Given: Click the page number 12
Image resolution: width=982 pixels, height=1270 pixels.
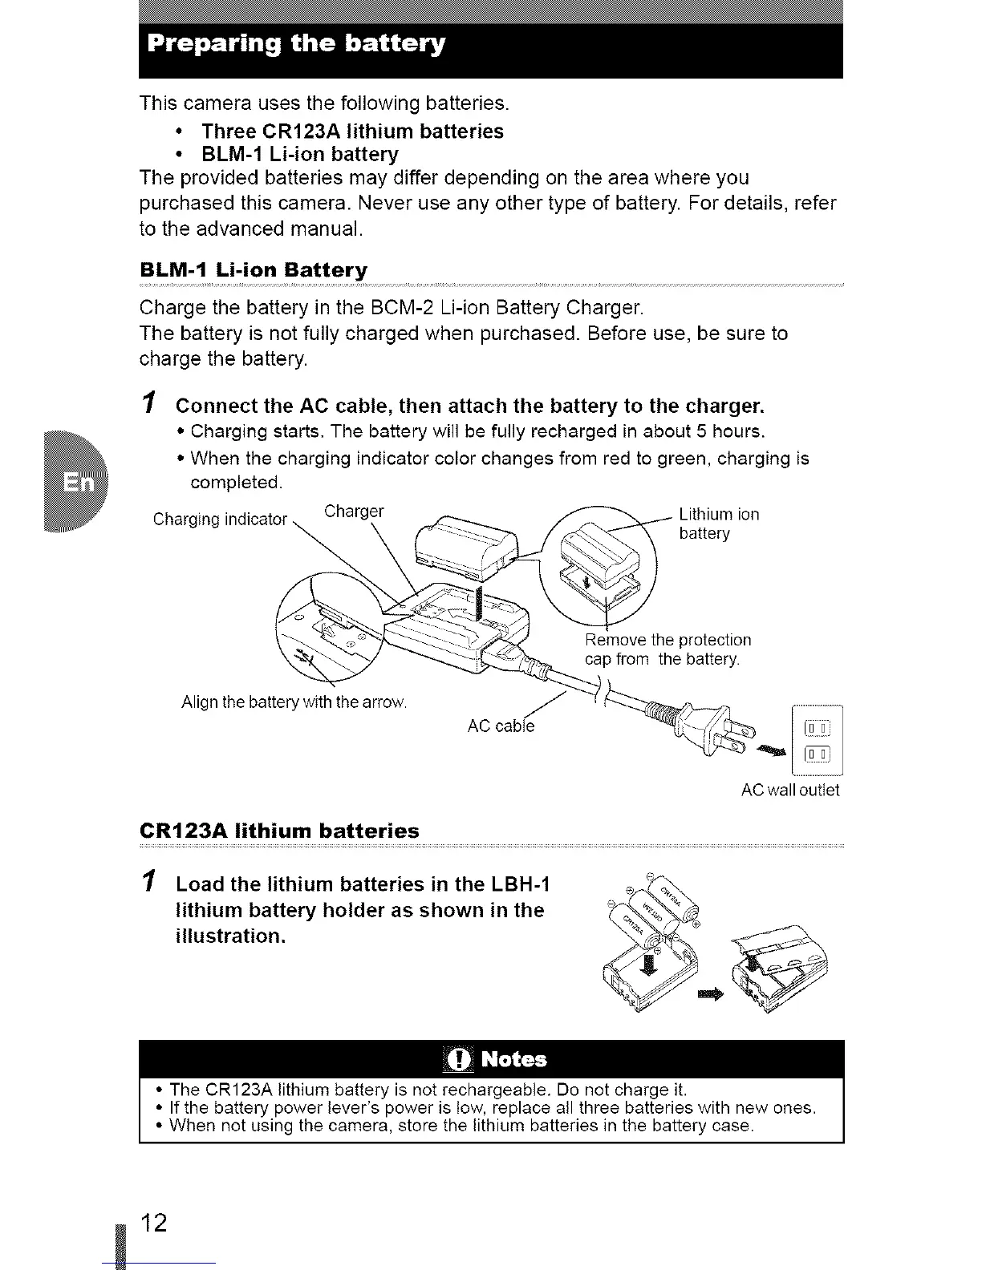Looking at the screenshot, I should (x=153, y=1223).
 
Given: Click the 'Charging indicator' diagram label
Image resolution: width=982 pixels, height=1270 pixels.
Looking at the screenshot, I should (x=219, y=519).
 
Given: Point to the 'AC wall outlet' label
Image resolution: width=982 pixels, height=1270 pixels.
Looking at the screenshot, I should (x=790, y=791).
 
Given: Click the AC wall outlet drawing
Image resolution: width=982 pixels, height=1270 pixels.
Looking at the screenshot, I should (x=817, y=740).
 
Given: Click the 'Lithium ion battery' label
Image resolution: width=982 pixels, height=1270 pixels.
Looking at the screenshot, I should (x=718, y=524).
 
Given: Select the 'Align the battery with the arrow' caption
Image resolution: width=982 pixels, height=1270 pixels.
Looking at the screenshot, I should (x=294, y=703).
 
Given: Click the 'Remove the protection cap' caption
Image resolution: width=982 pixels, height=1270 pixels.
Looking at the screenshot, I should (x=668, y=649).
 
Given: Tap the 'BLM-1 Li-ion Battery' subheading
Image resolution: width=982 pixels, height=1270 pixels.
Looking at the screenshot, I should (x=254, y=269).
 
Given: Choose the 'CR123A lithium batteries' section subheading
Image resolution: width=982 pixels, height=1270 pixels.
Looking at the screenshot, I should (x=279, y=831).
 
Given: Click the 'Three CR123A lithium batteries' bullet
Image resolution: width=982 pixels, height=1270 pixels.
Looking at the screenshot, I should (x=353, y=131).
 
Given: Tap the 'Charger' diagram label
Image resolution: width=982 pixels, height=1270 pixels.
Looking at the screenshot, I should (x=354, y=511).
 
